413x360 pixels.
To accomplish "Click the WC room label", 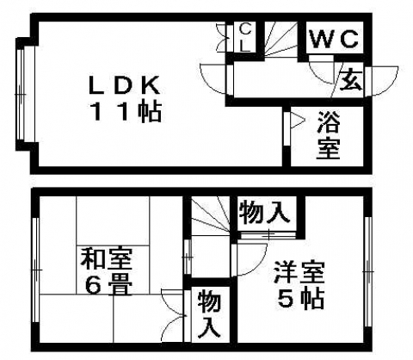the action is (334, 39).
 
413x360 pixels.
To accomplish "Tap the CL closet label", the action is (244, 38).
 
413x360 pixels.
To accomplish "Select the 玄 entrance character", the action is (351, 79).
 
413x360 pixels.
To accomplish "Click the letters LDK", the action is (124, 84).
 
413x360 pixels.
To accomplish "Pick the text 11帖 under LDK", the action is (126, 112).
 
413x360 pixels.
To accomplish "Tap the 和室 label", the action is (107, 259).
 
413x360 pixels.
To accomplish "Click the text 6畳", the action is (108, 284).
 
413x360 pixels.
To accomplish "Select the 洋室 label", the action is (299, 272).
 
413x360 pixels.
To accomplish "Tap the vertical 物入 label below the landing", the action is (210, 313).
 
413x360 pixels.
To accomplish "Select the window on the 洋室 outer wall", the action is (368, 271).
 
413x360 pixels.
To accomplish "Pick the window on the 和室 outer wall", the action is (36, 270).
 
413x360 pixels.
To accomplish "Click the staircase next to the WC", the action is (280, 39).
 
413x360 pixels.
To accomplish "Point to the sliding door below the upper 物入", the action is (268, 235).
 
